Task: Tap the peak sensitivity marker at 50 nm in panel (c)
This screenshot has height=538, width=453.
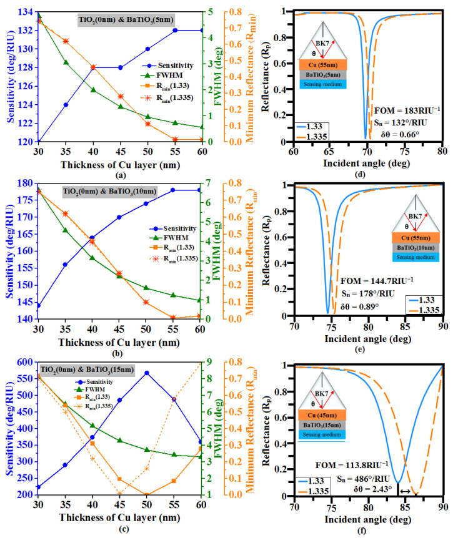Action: [147, 373]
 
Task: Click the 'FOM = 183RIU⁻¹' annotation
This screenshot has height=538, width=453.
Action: [406, 110]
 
